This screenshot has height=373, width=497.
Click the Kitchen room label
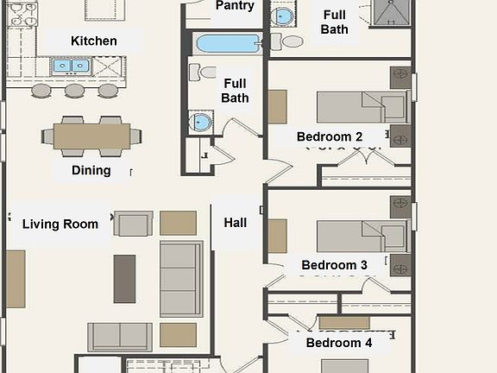pos(94,41)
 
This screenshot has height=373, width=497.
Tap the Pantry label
pos(235,6)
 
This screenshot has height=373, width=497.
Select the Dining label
pos(91,170)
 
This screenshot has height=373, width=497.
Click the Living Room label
pos(60,224)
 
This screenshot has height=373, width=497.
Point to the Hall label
pos(236,223)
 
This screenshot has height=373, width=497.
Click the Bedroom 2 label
pos(330,136)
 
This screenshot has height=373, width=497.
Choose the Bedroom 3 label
pos(335,265)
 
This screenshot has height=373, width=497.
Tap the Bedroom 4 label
pos(339,343)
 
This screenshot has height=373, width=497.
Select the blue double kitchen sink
pos(71,66)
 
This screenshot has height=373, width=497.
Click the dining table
pos(91,136)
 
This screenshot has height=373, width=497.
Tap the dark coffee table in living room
pos(125,278)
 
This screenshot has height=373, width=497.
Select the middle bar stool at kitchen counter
pos(75,90)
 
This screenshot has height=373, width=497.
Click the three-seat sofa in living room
pos(181,279)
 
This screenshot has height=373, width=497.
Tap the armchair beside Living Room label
pos(134,224)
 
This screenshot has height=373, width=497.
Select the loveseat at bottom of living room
pos(120,335)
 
